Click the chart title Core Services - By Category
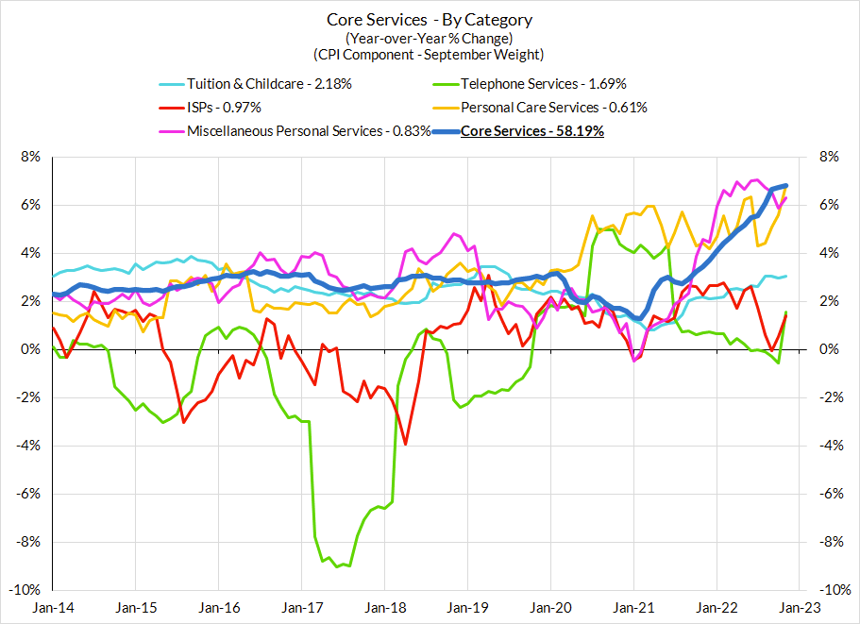[x=430, y=20]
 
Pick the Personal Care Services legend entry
[x=554, y=107]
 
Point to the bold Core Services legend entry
[x=531, y=130]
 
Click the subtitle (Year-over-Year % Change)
[x=430, y=38]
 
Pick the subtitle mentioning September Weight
[x=430, y=54]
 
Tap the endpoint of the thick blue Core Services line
[x=786, y=186]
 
